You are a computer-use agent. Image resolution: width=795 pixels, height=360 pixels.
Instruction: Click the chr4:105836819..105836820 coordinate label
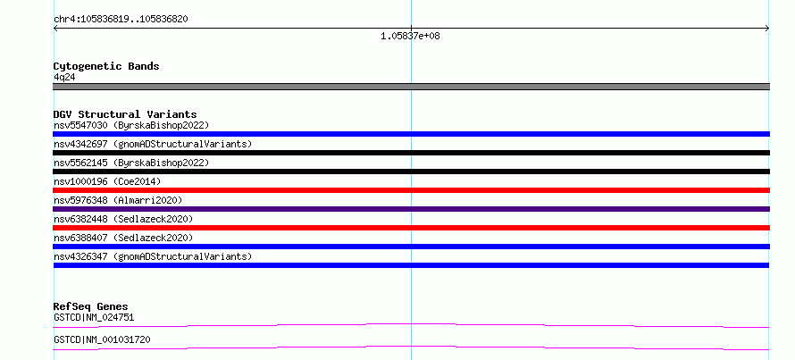[121, 20]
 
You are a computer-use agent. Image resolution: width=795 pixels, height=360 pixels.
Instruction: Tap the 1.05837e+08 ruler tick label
[410, 36]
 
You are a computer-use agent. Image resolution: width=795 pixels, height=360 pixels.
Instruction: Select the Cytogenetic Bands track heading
[106, 66]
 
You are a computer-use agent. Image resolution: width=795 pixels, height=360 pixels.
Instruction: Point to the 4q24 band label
[65, 77]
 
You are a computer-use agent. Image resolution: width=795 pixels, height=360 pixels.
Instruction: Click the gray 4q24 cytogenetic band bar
[411, 87]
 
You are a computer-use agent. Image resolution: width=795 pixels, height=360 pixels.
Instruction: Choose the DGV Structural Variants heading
[125, 114]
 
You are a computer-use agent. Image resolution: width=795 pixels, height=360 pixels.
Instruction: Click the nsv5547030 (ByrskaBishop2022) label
[131, 125]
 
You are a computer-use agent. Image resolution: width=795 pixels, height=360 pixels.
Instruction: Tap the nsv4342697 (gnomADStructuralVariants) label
[153, 144]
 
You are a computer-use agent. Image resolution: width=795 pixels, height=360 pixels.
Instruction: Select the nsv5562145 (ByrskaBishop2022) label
[131, 163]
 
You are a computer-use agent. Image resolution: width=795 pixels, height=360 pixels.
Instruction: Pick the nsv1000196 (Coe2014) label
[107, 181]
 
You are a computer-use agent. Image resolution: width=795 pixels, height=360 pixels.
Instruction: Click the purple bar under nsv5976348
[411, 209]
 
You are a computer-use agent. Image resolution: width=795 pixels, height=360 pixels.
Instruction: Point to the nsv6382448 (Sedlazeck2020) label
[123, 219]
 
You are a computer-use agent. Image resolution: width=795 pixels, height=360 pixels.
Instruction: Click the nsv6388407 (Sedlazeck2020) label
[123, 238]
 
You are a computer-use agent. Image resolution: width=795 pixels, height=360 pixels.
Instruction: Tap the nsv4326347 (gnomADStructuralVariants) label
[153, 256]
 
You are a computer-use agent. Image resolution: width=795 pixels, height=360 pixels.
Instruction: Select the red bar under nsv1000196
[411, 190]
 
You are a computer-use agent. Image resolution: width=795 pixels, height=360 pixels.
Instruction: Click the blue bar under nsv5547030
[411, 134]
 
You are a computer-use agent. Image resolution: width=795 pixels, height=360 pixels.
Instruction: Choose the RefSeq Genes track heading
[91, 306]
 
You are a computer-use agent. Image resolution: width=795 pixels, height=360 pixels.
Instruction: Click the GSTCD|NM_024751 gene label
[94, 317]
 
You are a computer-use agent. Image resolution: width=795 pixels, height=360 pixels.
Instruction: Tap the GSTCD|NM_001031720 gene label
[102, 339]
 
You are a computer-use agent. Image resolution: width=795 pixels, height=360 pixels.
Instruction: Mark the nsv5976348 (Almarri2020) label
[118, 200]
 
